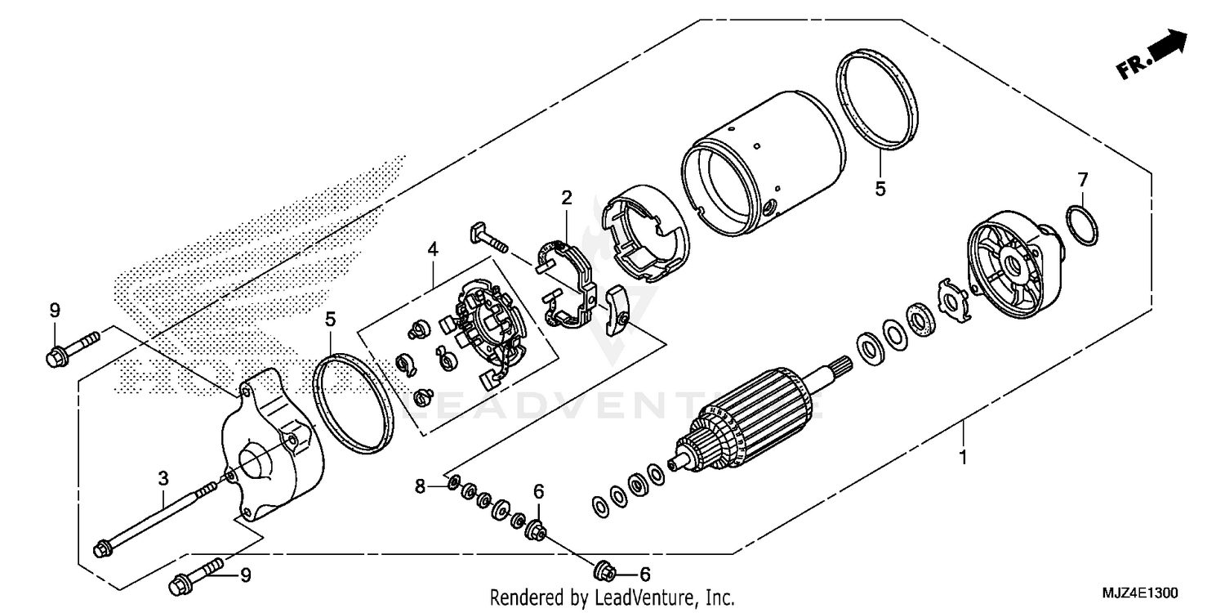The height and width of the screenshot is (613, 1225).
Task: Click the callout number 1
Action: [963, 458]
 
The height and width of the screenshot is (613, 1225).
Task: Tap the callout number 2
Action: [566, 198]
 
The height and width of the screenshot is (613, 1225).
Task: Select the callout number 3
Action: [163, 477]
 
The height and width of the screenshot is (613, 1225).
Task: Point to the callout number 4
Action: [432, 248]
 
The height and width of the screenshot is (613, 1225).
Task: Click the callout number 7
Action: [1083, 178]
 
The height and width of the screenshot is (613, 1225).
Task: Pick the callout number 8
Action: [420, 486]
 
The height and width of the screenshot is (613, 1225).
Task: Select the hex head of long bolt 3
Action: [103, 548]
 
